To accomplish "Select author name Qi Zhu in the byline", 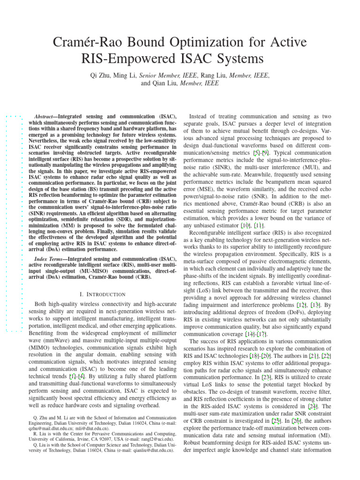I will (102, 75).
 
